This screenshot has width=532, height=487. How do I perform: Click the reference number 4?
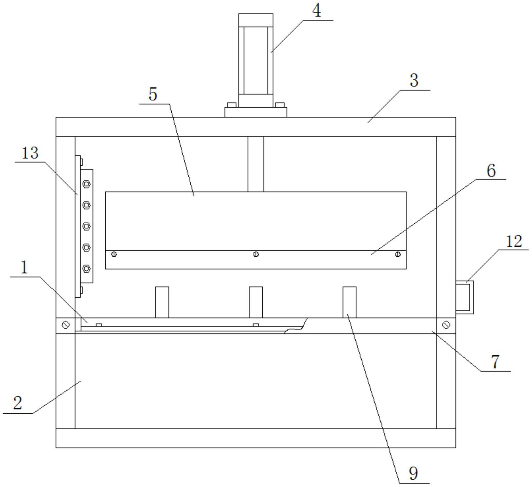[317, 11]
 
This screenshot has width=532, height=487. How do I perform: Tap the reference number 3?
[414, 81]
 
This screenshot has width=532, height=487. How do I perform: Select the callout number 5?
[153, 94]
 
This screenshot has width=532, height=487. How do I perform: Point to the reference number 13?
[30, 153]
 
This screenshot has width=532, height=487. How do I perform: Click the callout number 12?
[514, 242]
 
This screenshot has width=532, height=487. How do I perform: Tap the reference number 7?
[495, 362]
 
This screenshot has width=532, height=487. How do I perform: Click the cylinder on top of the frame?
[256, 60]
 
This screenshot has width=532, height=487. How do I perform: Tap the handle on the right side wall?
[465, 297]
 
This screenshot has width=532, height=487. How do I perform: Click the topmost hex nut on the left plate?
[86, 184]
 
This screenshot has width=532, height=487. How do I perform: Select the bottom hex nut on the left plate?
[86, 268]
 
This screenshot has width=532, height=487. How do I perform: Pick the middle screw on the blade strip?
[256, 254]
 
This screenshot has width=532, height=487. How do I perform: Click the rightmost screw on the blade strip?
[398, 254]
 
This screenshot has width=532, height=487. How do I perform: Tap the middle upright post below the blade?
[256, 302]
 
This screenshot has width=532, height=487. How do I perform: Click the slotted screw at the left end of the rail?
[66, 325]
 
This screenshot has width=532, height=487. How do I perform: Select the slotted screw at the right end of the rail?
[446, 325]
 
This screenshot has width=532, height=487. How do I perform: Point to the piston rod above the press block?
[256, 164]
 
